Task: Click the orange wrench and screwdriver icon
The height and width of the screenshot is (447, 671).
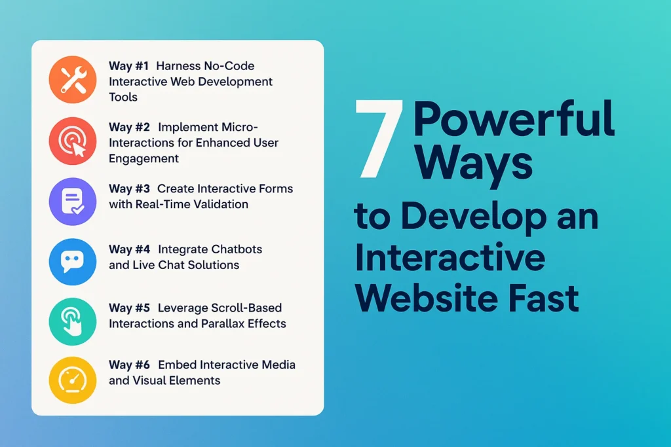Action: (x=73, y=79)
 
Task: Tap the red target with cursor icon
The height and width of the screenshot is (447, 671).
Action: (x=73, y=141)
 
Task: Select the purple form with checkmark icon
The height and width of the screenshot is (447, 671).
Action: (x=73, y=202)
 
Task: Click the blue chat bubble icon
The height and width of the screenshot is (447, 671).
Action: (x=73, y=262)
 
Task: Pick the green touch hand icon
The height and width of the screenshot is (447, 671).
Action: (x=73, y=321)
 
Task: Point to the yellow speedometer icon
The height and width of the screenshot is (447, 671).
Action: (x=73, y=380)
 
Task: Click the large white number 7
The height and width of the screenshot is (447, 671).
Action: (x=379, y=139)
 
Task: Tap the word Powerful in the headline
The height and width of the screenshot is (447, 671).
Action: (x=514, y=119)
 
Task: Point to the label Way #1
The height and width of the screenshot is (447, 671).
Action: (x=128, y=66)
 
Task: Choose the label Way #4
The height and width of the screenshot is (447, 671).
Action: (x=129, y=249)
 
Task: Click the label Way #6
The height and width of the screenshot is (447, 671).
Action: (x=129, y=365)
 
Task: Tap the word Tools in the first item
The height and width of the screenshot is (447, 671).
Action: (x=123, y=97)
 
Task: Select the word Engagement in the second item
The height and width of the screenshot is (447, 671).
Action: (x=144, y=158)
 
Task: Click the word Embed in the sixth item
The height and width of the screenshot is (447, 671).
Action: (x=177, y=365)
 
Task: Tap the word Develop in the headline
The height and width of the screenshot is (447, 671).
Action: (x=474, y=217)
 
